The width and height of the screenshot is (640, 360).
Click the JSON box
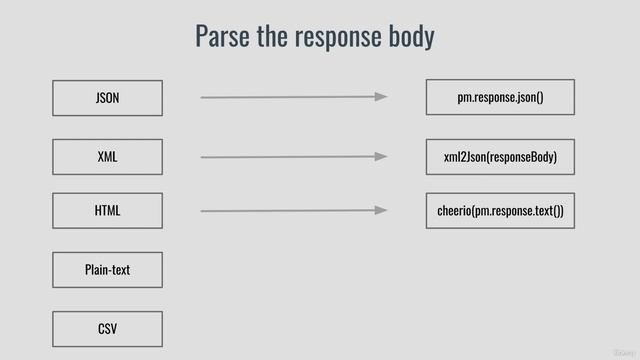pos(107,98)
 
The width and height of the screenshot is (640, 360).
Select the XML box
pos(107,157)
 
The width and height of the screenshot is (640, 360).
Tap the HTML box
pos(107,211)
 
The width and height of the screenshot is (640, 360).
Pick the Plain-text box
pos(107,270)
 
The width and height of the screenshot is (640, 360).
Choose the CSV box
pos(107,328)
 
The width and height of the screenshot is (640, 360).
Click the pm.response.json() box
pos(500,98)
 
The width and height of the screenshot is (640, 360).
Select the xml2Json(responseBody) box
pos(500,157)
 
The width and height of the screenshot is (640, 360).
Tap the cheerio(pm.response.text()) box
pos(500,211)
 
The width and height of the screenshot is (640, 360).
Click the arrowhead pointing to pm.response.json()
pos(381,97)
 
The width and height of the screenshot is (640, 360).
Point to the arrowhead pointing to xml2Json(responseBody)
pos(381,157)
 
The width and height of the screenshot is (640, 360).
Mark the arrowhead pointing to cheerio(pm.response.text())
pos(381,211)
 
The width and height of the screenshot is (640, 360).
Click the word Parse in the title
pos(222,37)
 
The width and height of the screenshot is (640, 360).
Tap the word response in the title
pos(337,38)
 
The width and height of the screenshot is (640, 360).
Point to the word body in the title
pos(411,37)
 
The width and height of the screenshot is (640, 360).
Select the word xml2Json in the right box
pos(465,157)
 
